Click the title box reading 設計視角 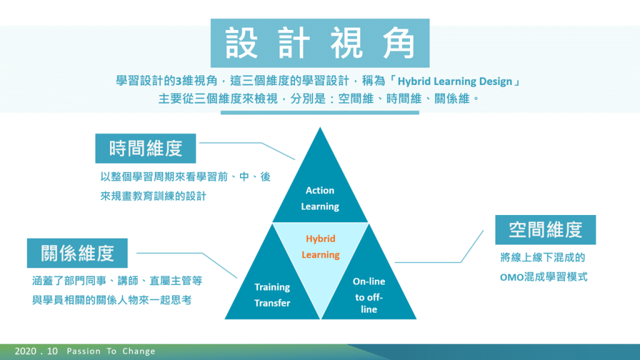[320, 43]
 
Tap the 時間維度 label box [146, 148]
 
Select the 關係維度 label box [77, 253]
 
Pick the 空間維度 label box [545, 230]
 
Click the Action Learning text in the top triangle [320, 198]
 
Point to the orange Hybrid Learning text [321, 246]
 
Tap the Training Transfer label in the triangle [272, 295]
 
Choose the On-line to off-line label [369, 295]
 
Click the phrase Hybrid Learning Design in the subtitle [455, 81]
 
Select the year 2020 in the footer [25, 351]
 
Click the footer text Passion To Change [111, 351]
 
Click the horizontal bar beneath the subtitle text [319, 112]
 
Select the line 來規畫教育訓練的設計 [154, 196]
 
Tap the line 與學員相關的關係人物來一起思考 [112, 301]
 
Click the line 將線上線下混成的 [543, 257]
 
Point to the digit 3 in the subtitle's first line [178, 81]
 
